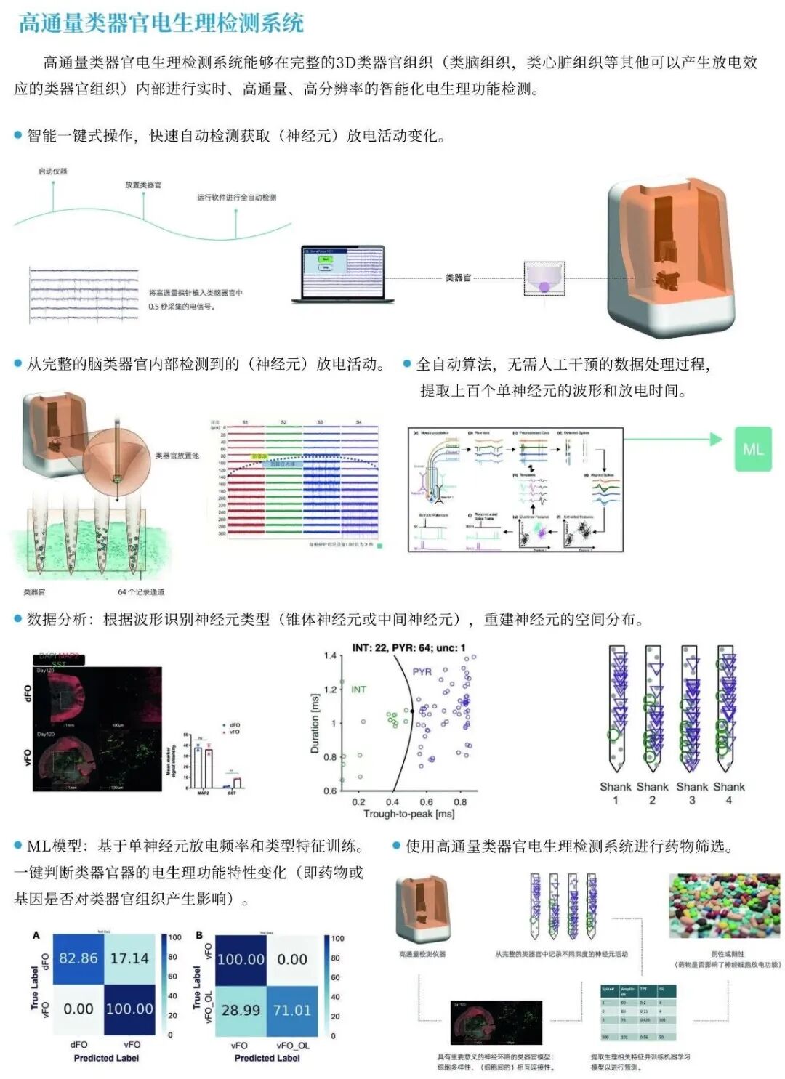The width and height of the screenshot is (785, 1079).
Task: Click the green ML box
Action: point(753,449)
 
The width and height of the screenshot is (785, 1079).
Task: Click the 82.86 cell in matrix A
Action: point(78,958)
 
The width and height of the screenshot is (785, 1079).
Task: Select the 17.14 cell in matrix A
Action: point(129,958)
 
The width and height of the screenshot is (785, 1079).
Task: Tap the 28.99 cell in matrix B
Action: point(241,1010)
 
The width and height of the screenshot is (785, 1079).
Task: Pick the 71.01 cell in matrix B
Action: point(292,1010)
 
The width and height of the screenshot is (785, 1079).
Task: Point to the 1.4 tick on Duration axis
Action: point(330,655)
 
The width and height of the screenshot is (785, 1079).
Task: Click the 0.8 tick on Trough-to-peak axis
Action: point(460,802)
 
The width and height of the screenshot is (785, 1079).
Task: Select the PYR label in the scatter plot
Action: point(422,672)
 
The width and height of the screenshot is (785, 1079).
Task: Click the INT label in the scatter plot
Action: point(358,690)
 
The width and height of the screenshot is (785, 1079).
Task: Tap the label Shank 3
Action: point(692,793)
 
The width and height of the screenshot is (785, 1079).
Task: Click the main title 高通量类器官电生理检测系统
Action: point(161,23)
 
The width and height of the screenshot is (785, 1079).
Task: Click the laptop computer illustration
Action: point(343,274)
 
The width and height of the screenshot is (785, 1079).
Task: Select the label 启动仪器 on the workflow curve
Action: point(52,171)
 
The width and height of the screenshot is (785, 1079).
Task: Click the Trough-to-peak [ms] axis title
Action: point(409,815)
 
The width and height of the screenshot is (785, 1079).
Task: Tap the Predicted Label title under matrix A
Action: point(106,1058)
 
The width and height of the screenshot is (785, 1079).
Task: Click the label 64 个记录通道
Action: point(141,592)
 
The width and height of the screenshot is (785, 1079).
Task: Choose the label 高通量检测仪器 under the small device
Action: point(422,954)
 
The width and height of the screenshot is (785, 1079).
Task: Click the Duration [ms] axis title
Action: point(315,723)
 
